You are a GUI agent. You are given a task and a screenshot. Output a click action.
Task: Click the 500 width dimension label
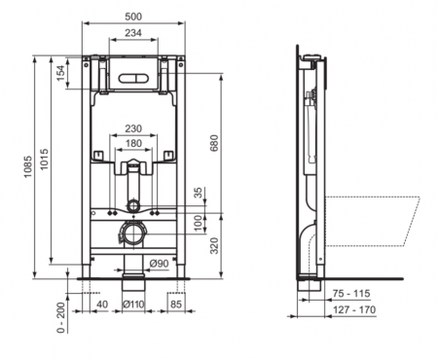(x=133, y=17)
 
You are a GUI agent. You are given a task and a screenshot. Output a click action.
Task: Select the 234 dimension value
(x=133, y=33)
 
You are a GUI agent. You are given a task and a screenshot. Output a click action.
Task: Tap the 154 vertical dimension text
(x=61, y=73)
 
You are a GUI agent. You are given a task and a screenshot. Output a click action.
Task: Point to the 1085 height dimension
(x=28, y=166)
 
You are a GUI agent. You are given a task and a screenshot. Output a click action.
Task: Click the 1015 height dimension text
(x=44, y=159)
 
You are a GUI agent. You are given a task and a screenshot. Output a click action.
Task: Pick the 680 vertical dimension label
(x=214, y=143)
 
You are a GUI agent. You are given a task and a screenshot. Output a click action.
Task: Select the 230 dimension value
(x=133, y=128)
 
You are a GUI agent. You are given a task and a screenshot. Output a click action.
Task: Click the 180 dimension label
(x=133, y=143)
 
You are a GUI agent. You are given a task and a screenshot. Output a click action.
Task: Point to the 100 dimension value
(x=201, y=223)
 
